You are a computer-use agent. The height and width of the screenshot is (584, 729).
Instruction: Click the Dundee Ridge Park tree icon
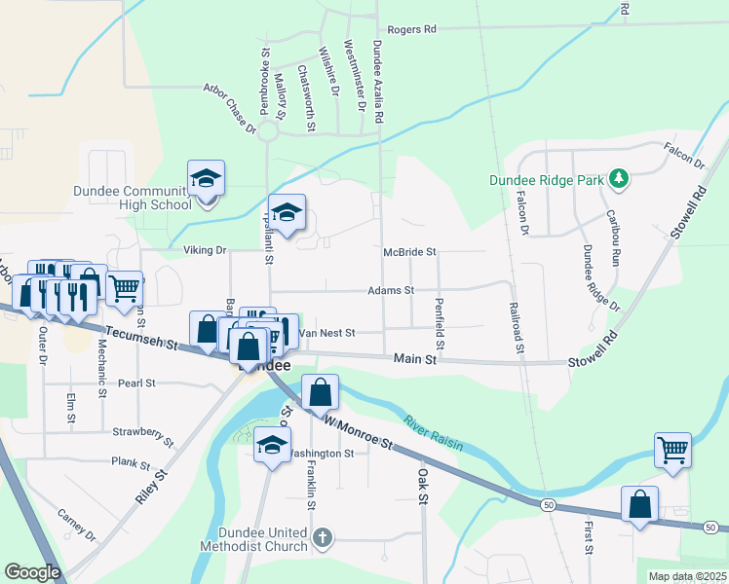pos(617,179)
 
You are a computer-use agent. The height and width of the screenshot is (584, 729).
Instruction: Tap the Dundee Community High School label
pos(132,198)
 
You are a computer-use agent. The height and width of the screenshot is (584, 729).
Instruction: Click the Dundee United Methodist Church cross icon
pos(324,536)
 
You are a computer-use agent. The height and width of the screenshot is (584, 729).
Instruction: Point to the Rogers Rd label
pos(411,30)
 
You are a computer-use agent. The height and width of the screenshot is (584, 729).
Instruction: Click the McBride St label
pos(409,251)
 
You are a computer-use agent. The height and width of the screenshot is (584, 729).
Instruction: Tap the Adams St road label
pos(391,290)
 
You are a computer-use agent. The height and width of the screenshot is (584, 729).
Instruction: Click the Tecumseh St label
pos(145,340)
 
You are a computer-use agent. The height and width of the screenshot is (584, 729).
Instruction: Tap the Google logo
pos(32,572)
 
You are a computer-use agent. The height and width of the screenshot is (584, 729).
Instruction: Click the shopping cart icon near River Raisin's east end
pos(672,449)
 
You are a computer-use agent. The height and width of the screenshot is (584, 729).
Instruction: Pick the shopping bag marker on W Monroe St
pos(320,393)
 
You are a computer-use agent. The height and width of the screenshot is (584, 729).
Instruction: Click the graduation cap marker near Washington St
pos(273,445)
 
